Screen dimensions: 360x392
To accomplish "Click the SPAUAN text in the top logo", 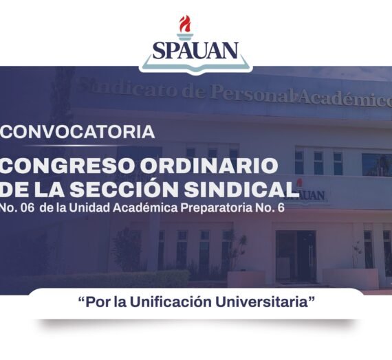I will (195, 49).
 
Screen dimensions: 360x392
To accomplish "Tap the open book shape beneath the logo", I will (195, 66).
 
